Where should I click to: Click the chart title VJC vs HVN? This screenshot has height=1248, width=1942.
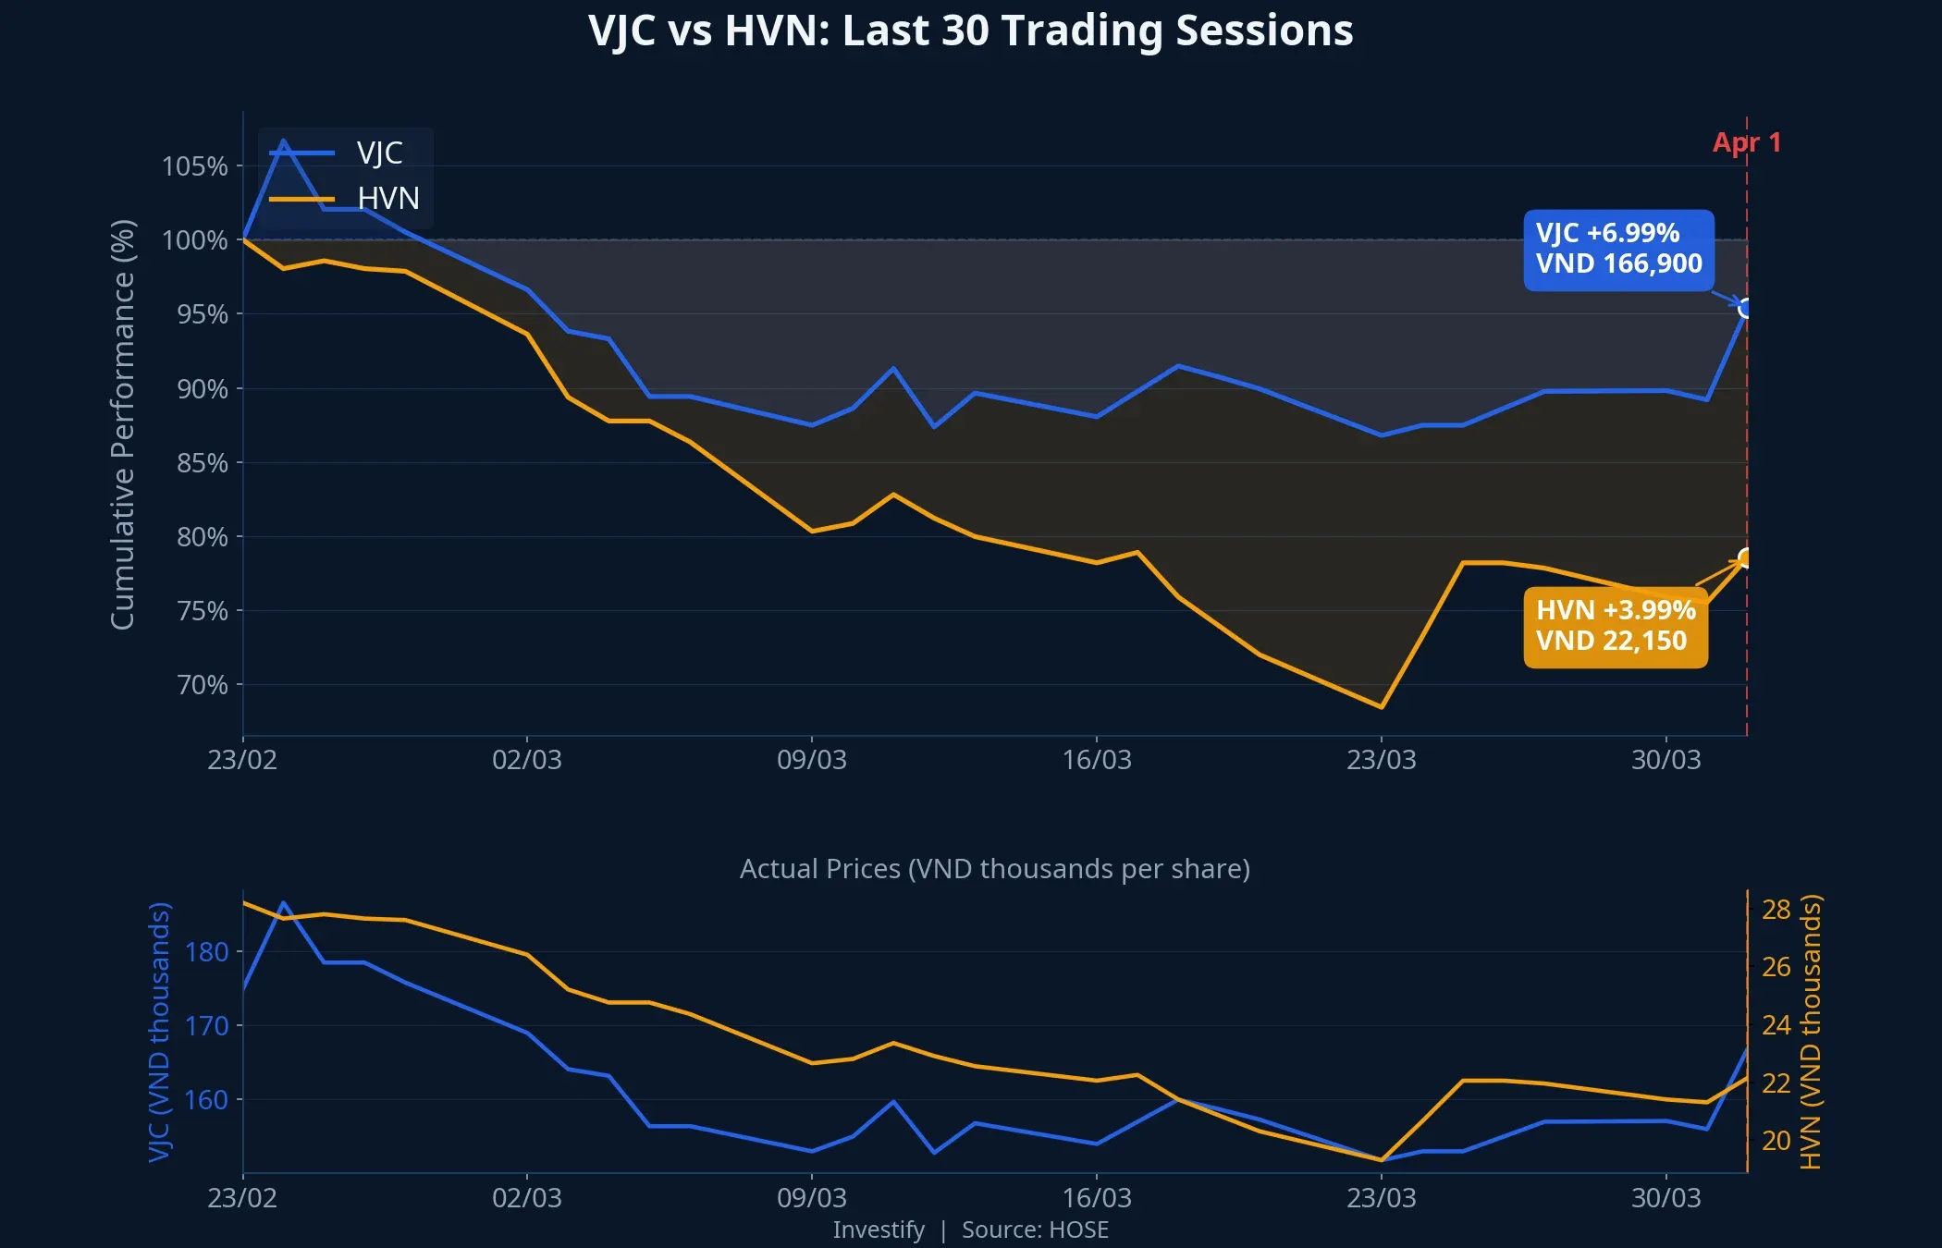pyautogui.click(x=970, y=31)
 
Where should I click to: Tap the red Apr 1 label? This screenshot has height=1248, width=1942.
pyautogui.click(x=1746, y=142)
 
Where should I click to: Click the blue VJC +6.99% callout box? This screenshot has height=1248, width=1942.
pyautogui.click(x=1618, y=250)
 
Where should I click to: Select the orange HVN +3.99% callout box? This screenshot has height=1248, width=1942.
pyautogui.click(x=1615, y=626)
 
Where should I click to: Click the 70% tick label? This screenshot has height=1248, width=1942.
pyautogui.click(x=202, y=685)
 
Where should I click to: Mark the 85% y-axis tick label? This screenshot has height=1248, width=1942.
pyautogui.click(x=202, y=463)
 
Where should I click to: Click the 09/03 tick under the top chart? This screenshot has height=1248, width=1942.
pyautogui.click(x=811, y=760)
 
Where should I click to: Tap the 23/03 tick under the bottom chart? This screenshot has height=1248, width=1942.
pyautogui.click(x=1381, y=1198)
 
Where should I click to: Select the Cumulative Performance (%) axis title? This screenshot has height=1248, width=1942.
pyautogui.click(x=123, y=424)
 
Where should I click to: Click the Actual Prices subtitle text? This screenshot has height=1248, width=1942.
pyautogui.click(x=994, y=869)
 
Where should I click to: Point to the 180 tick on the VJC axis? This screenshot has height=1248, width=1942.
pyautogui.click(x=206, y=952)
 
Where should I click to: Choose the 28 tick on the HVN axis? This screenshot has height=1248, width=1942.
pyautogui.click(x=1776, y=910)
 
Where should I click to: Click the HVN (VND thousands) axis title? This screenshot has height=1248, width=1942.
pyautogui.click(x=1810, y=1031)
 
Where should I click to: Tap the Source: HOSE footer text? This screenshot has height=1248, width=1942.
pyautogui.click(x=1034, y=1230)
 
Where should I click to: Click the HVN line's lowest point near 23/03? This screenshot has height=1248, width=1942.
pyautogui.click(x=1381, y=707)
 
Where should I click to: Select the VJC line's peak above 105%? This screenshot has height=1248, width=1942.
pyautogui.click(x=283, y=141)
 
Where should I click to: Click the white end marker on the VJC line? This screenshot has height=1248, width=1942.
pyautogui.click(x=1745, y=308)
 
